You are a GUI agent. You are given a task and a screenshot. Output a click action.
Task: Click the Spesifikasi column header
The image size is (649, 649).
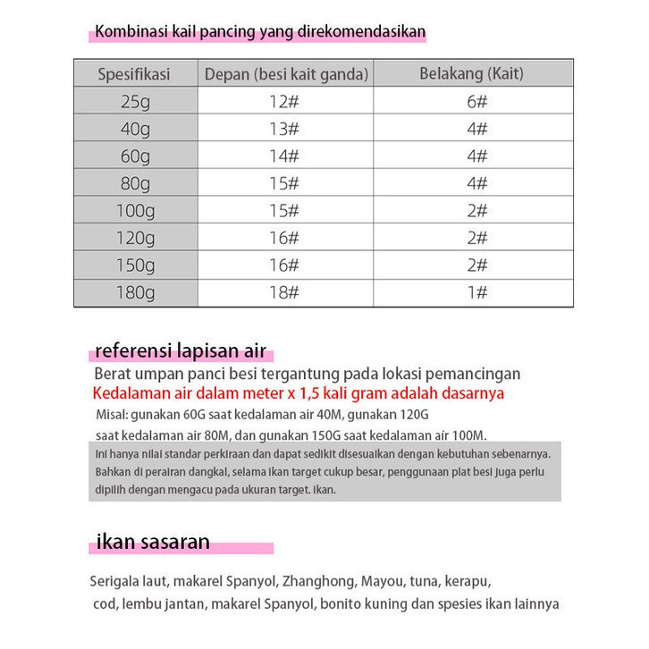[134, 74]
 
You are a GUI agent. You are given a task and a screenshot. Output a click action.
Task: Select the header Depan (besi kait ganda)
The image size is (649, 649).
[286, 74]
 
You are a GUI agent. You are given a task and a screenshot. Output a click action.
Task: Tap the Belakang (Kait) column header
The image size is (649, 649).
[472, 73]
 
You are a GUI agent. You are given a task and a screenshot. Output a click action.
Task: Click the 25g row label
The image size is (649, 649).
[136, 101]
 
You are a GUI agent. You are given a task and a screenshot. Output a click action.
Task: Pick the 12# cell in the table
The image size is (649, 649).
[283, 101]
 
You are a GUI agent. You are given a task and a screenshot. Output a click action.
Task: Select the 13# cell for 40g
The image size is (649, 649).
[283, 129]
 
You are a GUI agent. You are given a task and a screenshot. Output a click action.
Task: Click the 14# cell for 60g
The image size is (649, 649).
[283, 156]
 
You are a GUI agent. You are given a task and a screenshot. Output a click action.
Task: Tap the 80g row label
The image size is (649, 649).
[136, 183]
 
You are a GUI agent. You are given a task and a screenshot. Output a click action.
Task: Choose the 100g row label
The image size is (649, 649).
[136, 211]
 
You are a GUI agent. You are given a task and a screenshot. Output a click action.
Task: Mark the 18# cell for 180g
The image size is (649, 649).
[283, 292]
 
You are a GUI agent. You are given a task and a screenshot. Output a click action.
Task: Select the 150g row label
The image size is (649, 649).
[136, 265]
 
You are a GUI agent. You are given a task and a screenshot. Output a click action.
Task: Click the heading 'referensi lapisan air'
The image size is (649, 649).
[181, 350]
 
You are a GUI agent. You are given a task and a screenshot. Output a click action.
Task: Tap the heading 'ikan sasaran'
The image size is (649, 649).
[153, 541]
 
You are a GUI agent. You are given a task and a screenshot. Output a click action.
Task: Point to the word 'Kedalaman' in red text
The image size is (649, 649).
[131, 393]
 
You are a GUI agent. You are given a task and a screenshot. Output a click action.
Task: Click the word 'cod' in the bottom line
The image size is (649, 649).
[105, 603]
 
